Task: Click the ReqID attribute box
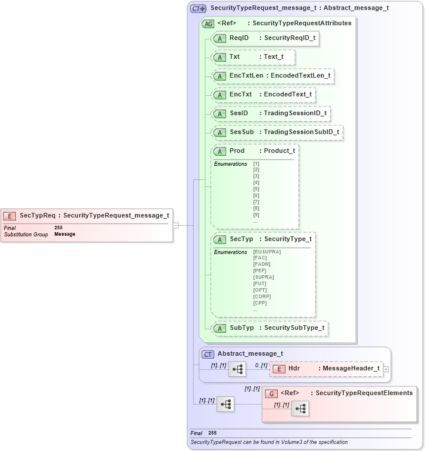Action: (265, 38)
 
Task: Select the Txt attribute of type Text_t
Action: (253, 57)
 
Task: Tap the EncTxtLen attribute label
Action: (246, 76)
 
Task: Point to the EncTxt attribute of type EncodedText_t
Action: (263, 95)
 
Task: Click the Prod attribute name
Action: (237, 151)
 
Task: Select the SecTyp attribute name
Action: (241, 239)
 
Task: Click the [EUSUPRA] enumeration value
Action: (267, 252)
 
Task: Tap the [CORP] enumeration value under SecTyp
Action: (262, 296)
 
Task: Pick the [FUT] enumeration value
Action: (260, 283)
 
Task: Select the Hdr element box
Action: (326, 369)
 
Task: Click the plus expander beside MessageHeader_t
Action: (386, 369)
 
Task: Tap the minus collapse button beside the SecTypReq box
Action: (175, 225)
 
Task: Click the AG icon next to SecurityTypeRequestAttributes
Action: (208, 24)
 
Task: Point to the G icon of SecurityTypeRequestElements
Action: (271, 393)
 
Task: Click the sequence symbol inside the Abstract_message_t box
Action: (237, 369)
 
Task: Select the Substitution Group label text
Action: (25, 234)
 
